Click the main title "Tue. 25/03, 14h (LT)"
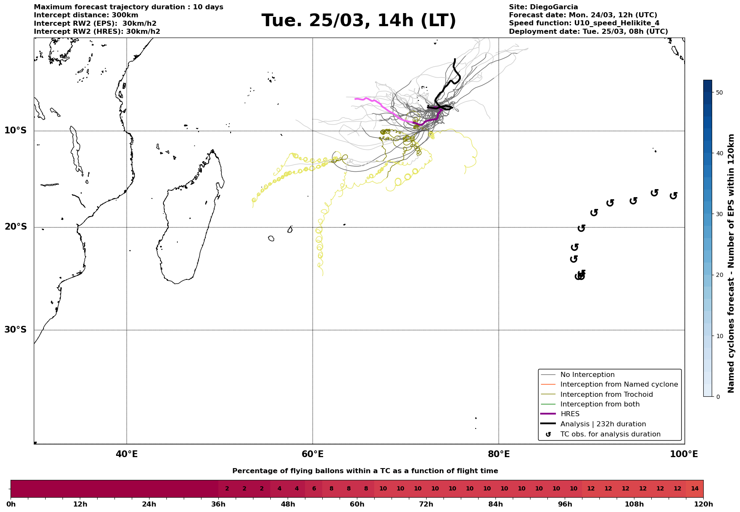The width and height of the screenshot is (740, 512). pos(359,21)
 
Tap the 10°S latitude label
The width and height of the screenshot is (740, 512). pos(16,130)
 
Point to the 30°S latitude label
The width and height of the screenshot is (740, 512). pos(16,330)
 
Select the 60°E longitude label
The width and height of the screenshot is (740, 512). pos(313,454)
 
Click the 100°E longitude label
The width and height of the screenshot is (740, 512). pos(684,454)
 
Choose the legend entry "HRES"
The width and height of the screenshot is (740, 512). pos(570,414)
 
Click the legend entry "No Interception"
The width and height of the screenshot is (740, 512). pos(587,375)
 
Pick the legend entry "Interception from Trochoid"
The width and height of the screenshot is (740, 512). pos(606,395)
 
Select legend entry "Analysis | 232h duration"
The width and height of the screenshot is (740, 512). pos(603,424)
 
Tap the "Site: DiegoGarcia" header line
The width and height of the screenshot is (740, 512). pos(543,7)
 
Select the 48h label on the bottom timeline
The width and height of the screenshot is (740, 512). pos(288,504)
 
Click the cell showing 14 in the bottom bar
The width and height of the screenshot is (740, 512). pos(694,489)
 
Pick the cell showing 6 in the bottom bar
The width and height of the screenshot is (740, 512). pos(314,489)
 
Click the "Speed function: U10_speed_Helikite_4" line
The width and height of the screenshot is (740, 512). pos(584,23)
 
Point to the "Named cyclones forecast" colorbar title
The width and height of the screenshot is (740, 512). pos(731,263)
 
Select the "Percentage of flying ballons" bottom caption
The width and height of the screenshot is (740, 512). pos(365,471)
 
